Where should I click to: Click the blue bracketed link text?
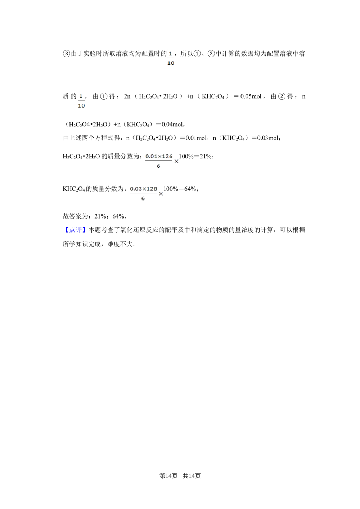point(75,229)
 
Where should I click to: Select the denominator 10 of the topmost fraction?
point(171,63)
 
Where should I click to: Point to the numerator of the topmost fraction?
point(171,53)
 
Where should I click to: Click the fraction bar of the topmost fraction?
point(171,58)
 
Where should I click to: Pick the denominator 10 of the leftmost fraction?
point(81,106)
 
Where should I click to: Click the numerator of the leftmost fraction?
point(81,96)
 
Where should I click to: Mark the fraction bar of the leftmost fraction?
point(81,101)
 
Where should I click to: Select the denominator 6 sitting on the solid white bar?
point(158,166)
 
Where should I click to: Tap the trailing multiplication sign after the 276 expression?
point(176,161)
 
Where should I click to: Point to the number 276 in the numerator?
point(167,156)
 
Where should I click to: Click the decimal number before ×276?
point(151,156)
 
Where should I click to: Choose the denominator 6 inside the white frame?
point(143,199)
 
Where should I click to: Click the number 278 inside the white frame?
point(152,188)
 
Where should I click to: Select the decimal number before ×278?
point(136,188)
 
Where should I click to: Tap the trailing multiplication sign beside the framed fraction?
point(161,194)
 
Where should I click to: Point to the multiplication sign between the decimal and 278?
point(144,189)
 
